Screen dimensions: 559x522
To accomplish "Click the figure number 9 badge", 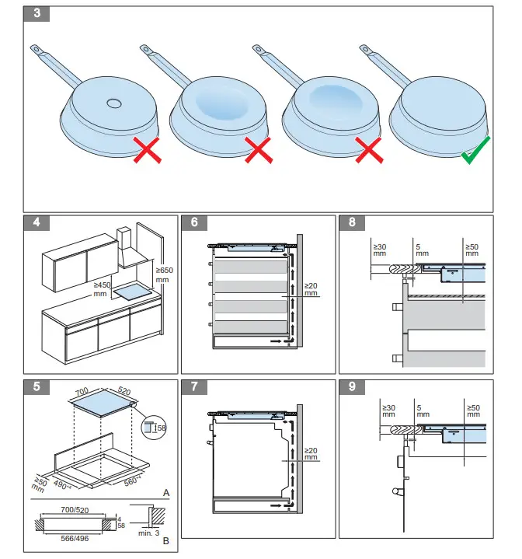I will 352,385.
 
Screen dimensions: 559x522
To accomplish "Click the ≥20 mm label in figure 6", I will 311,289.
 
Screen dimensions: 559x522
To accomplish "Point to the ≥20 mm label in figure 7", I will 311,453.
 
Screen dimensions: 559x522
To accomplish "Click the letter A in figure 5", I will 165,493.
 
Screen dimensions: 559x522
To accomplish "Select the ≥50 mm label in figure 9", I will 472,411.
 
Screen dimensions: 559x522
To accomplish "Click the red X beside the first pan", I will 146,150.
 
